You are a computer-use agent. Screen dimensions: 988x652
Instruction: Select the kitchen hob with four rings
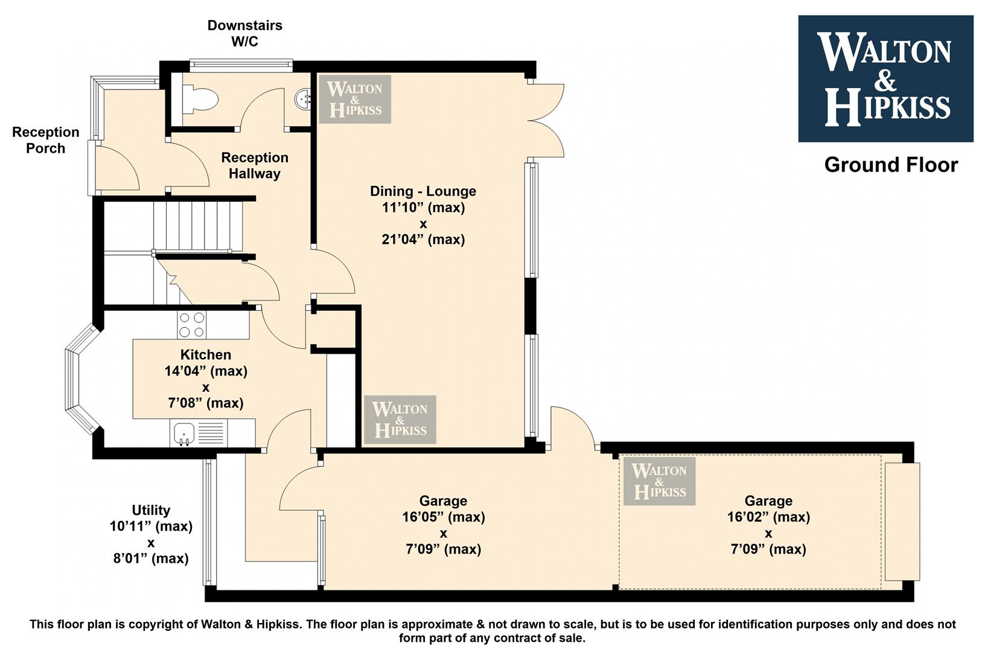192,325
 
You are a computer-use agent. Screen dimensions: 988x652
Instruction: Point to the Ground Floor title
891,165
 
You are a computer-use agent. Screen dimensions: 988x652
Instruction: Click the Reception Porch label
45,140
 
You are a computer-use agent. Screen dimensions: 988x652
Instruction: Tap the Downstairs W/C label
245,33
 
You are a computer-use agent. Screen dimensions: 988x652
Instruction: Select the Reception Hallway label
255,165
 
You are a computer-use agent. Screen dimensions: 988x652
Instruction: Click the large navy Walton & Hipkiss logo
885,78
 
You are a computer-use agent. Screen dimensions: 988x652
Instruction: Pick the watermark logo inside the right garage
660,481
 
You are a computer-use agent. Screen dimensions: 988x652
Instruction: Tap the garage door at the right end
902,522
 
